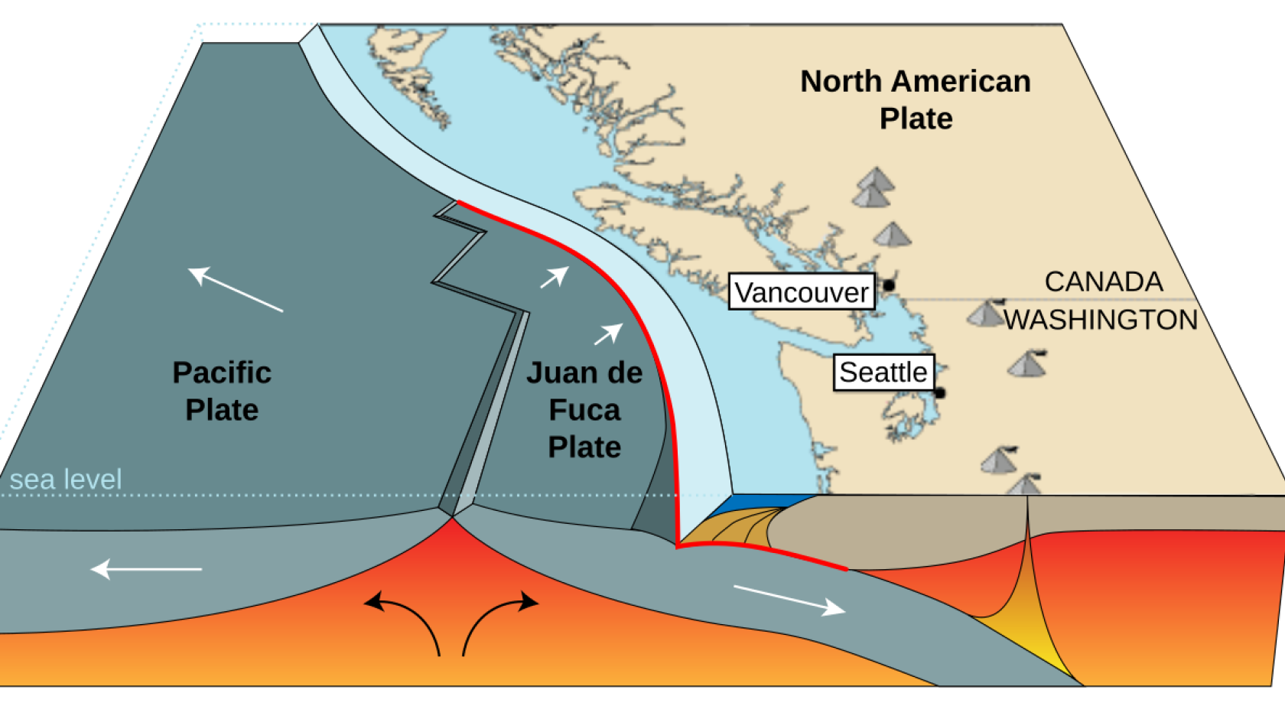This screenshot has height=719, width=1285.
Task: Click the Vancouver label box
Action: [802, 291]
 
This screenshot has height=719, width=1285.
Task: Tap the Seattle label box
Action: [883, 373]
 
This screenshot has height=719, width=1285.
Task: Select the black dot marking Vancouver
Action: [889, 285]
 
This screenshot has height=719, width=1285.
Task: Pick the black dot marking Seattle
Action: [940, 393]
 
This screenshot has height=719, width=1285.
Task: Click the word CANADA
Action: [1103, 281]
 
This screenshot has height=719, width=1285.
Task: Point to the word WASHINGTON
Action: [1101, 320]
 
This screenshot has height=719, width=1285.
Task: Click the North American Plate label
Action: [916, 99]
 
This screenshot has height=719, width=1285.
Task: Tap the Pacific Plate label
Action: [222, 391]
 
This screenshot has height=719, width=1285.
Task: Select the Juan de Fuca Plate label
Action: [584, 409]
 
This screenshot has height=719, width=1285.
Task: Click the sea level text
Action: [66, 480]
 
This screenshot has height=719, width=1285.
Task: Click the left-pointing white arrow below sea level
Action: [146, 569]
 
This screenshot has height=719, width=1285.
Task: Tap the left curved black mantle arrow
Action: [405, 620]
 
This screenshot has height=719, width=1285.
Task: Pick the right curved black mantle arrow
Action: [497, 620]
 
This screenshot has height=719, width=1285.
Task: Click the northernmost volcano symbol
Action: [874, 181]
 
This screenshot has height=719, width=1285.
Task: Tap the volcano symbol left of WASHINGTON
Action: [985, 313]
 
